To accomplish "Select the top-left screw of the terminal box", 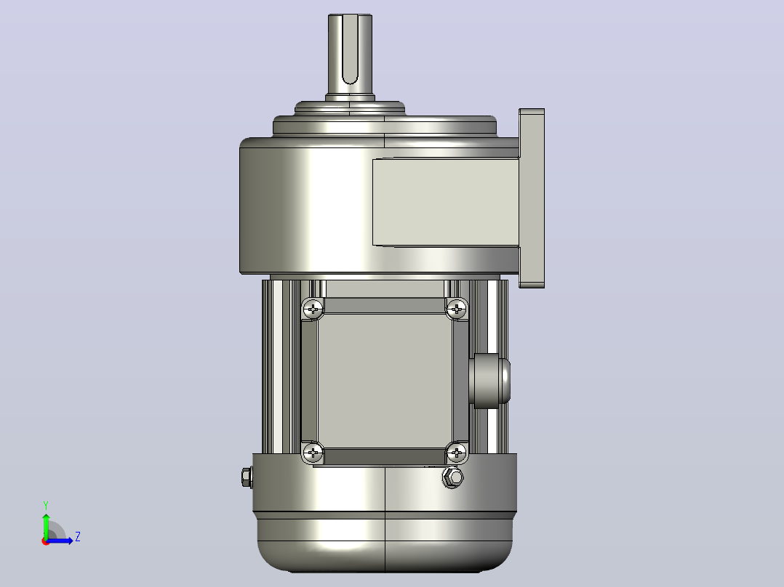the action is click(x=313, y=309).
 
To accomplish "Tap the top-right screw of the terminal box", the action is click(x=456, y=309).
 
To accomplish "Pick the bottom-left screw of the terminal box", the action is click(x=313, y=453).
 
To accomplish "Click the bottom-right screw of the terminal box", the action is click(x=456, y=453).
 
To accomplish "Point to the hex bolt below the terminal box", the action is click(x=453, y=477).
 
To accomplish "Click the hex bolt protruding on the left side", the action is click(x=247, y=477).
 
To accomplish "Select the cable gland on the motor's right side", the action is click(x=490, y=381).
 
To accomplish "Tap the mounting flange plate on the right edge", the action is click(x=532, y=198).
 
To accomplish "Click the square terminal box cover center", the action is click(x=385, y=381).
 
